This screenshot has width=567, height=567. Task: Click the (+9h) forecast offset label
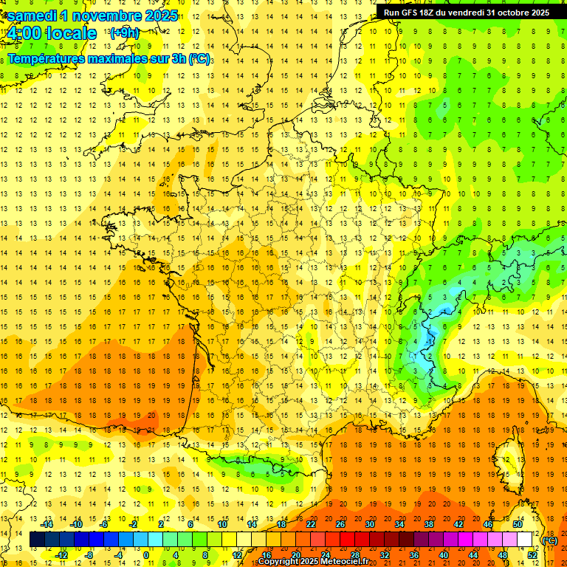click(x=123, y=33)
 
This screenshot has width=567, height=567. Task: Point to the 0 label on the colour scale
click(x=146, y=555)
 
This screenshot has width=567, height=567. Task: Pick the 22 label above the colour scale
click(x=311, y=524)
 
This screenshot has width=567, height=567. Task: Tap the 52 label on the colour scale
click(x=532, y=555)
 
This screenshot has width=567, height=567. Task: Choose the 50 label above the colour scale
click(x=518, y=524)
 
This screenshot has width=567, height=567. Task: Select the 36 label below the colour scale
click(x=414, y=555)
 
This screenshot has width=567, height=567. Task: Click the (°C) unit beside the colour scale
click(x=550, y=540)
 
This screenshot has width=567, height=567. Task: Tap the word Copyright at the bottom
click(x=278, y=562)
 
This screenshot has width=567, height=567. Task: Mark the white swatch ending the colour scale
click(x=525, y=540)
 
